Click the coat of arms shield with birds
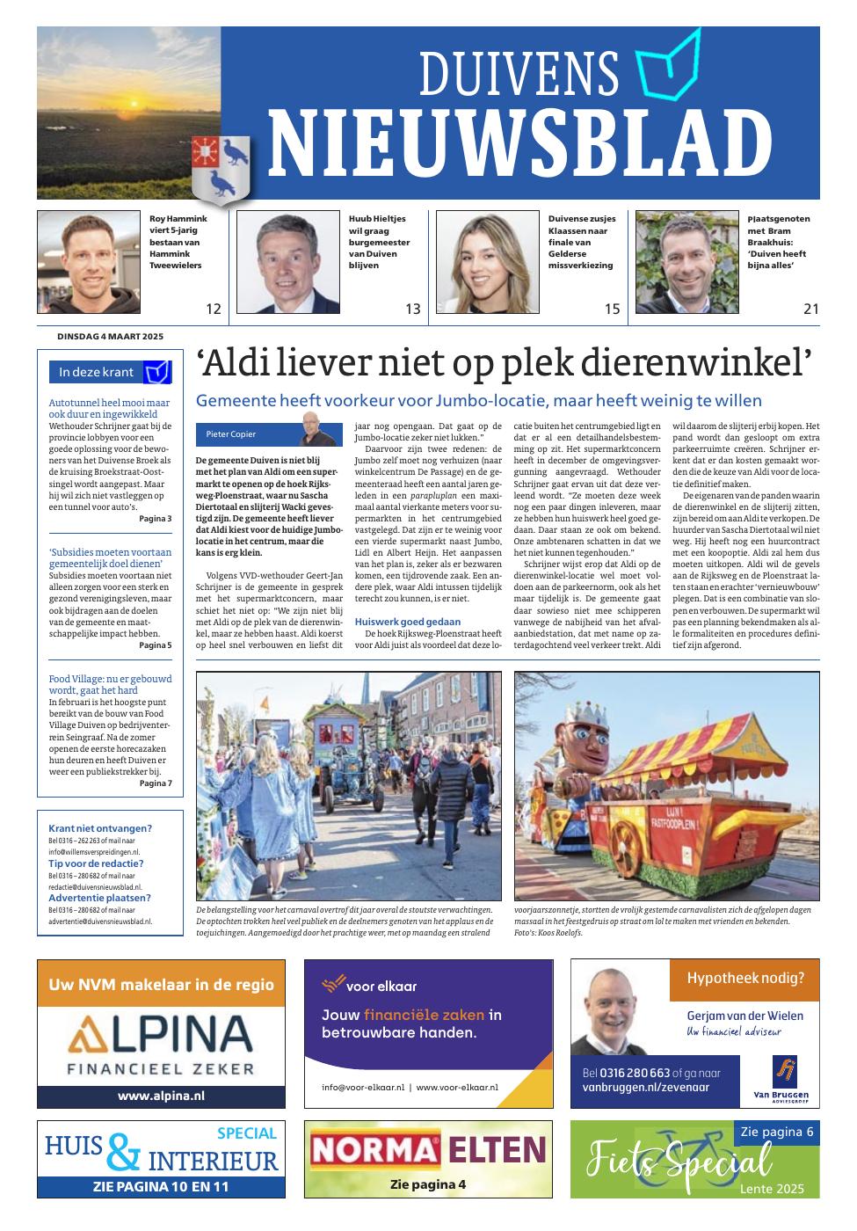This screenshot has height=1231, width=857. pyautogui.click(x=220, y=167)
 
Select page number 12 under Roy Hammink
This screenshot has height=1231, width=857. pyautogui.click(x=213, y=309)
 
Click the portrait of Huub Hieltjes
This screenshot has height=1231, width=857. pyautogui.click(x=287, y=262)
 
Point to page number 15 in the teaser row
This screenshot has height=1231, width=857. pyautogui.click(x=612, y=309)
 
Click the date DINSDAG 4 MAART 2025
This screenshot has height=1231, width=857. pyautogui.click(x=110, y=337)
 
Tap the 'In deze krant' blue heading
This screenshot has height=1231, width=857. pyautogui.click(x=97, y=372)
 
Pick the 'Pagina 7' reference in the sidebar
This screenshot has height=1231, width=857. pyautogui.click(x=156, y=783)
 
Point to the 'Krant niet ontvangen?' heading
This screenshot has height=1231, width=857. pyautogui.click(x=100, y=828)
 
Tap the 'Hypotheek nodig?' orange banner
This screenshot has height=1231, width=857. pyautogui.click(x=744, y=978)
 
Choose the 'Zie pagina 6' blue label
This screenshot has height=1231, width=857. pyautogui.click(x=777, y=1132)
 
